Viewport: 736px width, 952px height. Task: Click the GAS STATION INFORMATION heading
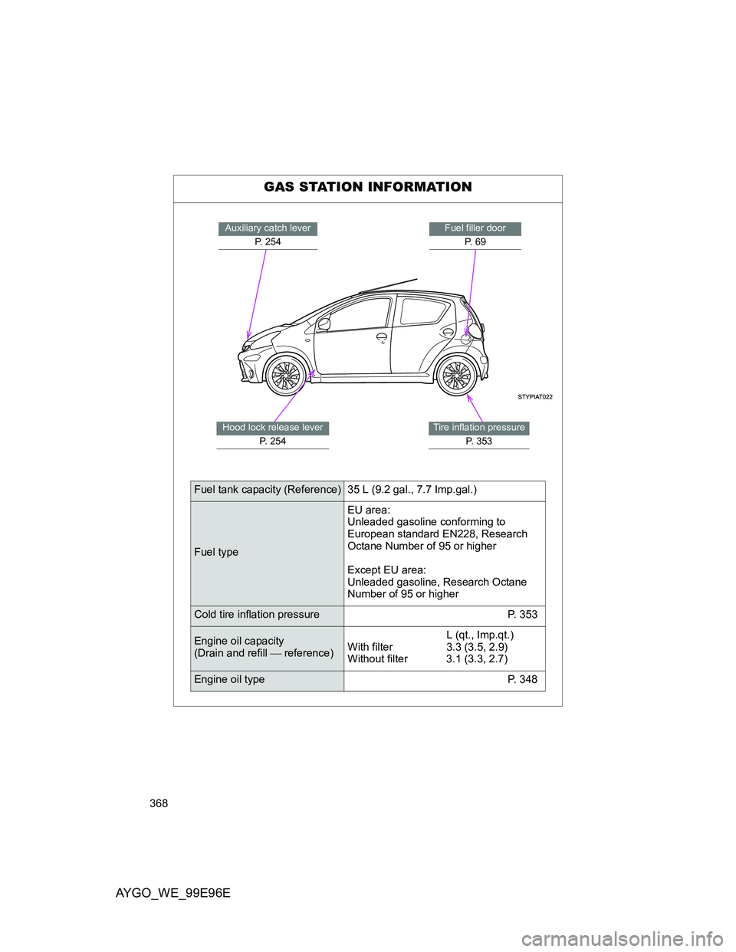[x=368, y=187]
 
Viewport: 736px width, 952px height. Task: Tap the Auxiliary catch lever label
[x=268, y=228]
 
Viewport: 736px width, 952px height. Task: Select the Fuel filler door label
[x=475, y=228]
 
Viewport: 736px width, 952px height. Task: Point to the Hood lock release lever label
[x=273, y=428]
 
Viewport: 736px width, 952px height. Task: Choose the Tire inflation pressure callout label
[x=479, y=428]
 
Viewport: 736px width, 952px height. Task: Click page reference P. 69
[x=475, y=242]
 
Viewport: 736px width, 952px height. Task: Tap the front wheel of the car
[x=286, y=376]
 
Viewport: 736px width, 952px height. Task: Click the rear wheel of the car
[x=457, y=376]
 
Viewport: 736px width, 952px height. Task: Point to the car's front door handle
[x=381, y=337]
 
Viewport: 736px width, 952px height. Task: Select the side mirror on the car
[x=324, y=324]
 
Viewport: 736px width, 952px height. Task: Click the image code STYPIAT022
[x=534, y=397]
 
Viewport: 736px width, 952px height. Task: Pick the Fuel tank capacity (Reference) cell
[x=268, y=490]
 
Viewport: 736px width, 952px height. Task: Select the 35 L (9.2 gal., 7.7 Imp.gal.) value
[x=412, y=490]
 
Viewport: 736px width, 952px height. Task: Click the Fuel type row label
[x=216, y=553]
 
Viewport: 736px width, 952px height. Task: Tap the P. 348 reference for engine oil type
[x=522, y=680]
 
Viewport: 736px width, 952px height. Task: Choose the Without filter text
[x=378, y=659]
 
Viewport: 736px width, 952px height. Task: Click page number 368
[x=159, y=803]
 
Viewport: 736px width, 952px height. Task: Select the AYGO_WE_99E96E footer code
[x=172, y=894]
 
